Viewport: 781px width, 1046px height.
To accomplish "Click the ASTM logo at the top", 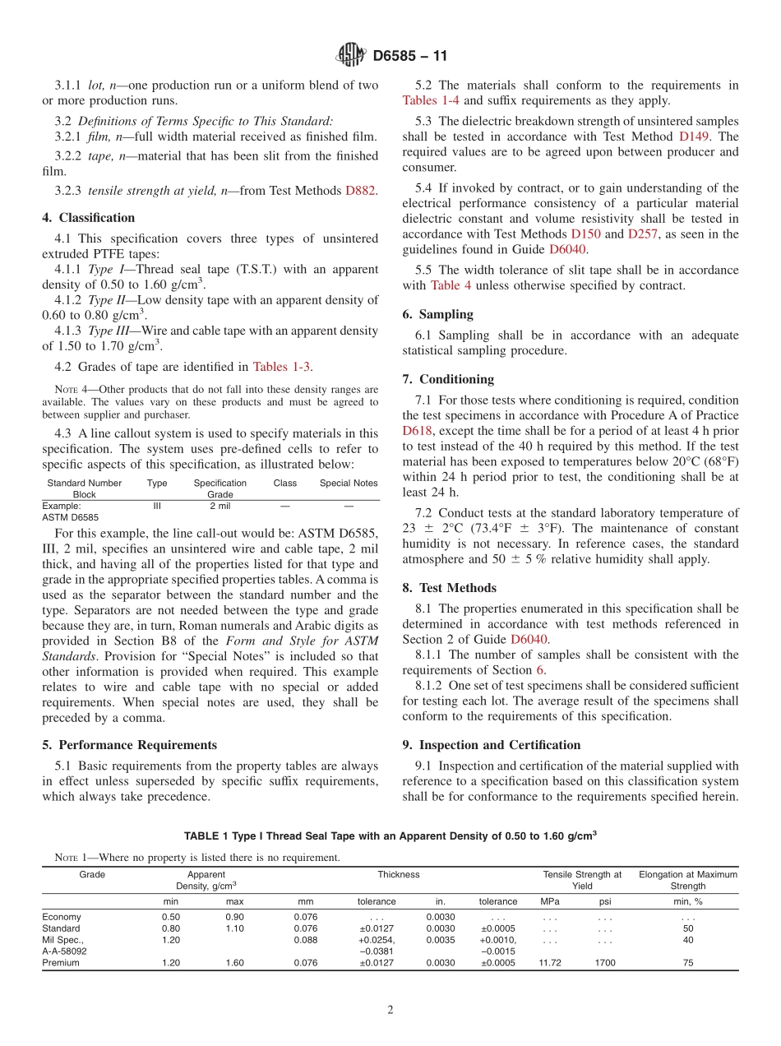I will [351, 56].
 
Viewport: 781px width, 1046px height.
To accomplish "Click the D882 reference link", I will [360, 191].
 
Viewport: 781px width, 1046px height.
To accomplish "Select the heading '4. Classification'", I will [89, 218].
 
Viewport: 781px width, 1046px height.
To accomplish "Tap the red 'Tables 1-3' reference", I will [281, 367].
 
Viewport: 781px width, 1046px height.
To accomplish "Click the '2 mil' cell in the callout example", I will [220, 507].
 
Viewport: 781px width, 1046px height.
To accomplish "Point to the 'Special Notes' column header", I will [349, 484].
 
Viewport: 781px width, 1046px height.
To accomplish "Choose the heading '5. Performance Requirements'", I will [130, 745].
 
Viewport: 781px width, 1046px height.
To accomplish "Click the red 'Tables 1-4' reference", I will [432, 100].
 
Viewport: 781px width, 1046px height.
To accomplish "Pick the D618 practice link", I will [417, 430].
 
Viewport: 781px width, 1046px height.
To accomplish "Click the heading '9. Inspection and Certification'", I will [492, 745].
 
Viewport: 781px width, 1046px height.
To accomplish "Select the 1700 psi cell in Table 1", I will [604, 963].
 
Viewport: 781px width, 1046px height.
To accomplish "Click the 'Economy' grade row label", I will [62, 917].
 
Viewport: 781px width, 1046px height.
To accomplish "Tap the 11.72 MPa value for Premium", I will [549, 963].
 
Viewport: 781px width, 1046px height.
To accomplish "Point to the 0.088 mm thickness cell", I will [305, 940].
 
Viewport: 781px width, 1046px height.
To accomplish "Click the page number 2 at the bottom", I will [390, 1011].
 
